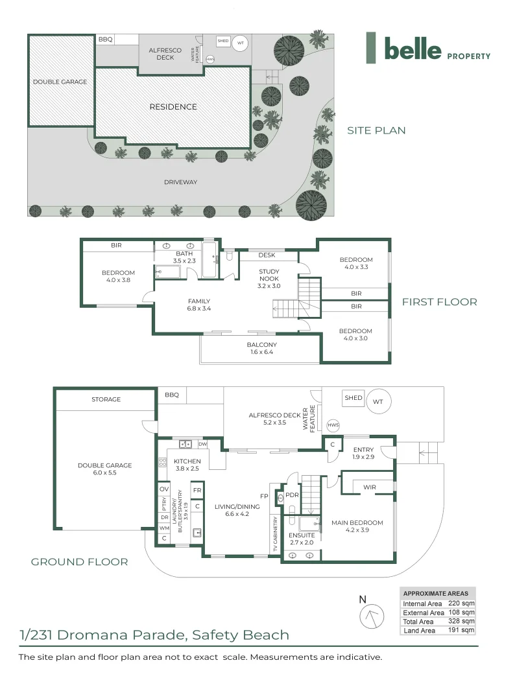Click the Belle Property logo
[427, 48]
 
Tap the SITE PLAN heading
[376, 130]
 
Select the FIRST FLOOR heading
[439, 301]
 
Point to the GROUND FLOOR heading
[79, 562]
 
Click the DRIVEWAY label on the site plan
[181, 182]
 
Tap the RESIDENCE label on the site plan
[173, 107]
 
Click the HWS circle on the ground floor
[333, 425]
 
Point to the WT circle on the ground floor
[377, 402]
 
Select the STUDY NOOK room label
[269, 275]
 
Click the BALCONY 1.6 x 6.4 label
[261, 349]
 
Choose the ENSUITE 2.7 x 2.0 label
[301, 539]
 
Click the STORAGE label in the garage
[106, 399]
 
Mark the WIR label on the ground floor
[370, 486]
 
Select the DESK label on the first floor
[267, 255]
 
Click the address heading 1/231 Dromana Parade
[154, 635]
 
